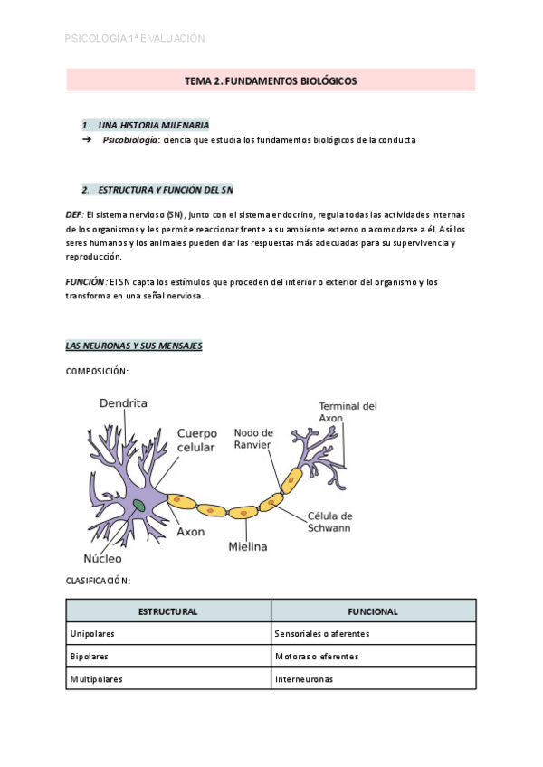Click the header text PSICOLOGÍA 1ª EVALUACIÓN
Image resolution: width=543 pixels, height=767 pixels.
[x=136, y=38]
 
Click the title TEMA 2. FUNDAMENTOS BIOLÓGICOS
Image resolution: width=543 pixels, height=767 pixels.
[x=271, y=81]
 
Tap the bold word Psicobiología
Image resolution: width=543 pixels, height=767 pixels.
[x=130, y=140]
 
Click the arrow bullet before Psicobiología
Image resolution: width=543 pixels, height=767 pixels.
[x=87, y=140]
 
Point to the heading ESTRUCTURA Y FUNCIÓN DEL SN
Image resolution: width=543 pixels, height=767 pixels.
[x=166, y=190]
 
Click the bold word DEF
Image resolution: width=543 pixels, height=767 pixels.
[x=73, y=214]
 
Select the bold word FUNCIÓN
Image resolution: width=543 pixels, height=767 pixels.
[x=85, y=282]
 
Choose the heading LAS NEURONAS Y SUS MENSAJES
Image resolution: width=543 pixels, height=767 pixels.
[x=134, y=346]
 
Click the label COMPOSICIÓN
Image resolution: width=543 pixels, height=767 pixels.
[x=97, y=371]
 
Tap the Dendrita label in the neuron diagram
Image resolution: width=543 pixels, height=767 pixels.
[x=123, y=403]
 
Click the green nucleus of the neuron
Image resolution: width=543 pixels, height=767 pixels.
[x=138, y=505]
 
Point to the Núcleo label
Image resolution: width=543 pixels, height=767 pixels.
[x=102, y=559]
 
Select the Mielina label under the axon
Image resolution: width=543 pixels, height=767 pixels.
[x=247, y=546]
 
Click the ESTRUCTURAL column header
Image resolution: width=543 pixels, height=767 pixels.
[x=168, y=611]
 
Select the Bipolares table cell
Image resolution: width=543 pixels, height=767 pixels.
[x=90, y=656]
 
